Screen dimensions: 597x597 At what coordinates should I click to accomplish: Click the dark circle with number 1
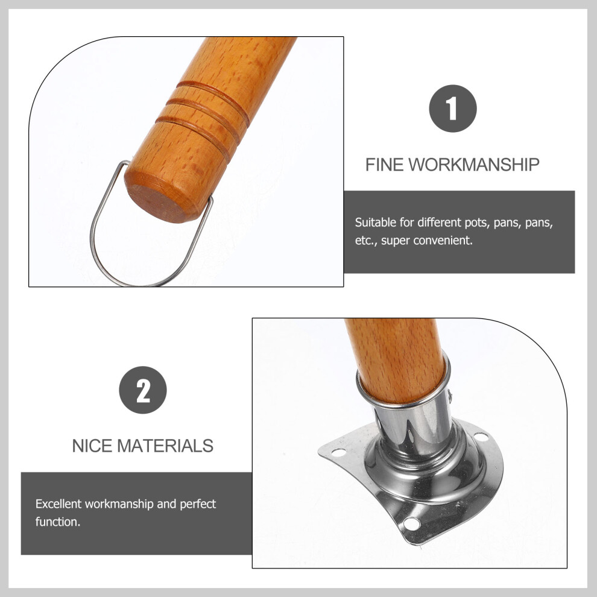coord(453,109)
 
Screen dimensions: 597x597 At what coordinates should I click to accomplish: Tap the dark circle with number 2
coord(143,390)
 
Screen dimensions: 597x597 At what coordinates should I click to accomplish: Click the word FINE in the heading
coord(384,165)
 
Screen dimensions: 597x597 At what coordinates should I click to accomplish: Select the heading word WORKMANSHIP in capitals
coord(474,165)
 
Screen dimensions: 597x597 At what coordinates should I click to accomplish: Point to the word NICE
coord(92,446)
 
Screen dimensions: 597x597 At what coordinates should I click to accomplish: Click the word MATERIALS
coord(165,446)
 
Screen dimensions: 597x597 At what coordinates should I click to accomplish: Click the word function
coord(58,522)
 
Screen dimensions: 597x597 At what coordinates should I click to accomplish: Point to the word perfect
coord(198,505)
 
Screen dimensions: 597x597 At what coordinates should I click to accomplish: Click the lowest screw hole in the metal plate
coord(412,524)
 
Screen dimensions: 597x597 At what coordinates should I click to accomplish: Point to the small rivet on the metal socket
coord(450,396)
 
